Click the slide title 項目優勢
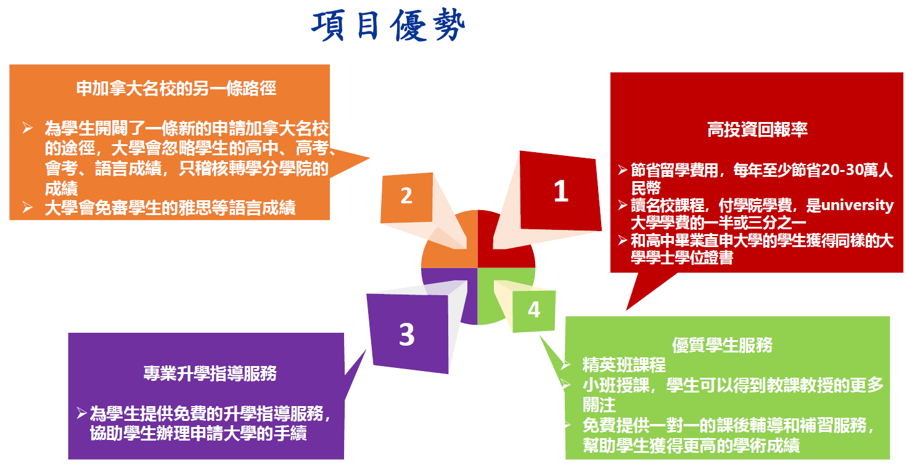pos(388,26)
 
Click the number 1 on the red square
pos(560,192)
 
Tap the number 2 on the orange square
pos(406,195)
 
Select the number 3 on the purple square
pos(406,335)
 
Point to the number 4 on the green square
pos(534,309)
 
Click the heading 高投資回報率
pos(757,129)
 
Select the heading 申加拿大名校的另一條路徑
pos(176,88)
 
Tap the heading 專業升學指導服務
pos(210,373)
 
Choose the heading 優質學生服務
pos(722,345)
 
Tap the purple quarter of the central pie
pos(450,293)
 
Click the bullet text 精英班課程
pos(624,365)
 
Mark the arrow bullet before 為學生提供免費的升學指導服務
pos(81,412)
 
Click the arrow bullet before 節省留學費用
pos(623,171)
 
